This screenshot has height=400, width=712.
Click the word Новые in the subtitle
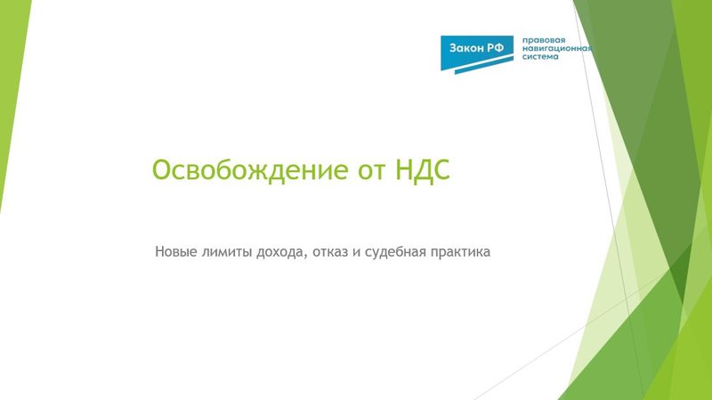coord(175,252)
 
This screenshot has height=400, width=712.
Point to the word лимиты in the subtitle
coord(225,252)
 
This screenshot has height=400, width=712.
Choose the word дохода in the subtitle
coord(279,252)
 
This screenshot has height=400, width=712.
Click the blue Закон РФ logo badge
coord(478,51)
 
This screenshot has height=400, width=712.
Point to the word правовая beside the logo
coord(545,39)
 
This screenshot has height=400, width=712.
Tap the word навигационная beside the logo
coord(558,48)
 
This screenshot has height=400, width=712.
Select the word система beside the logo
coord(540,57)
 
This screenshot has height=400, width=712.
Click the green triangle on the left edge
coord(11,107)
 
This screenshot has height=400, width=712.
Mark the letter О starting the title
coord(161,170)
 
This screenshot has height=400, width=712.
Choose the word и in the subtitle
coord(356,253)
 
